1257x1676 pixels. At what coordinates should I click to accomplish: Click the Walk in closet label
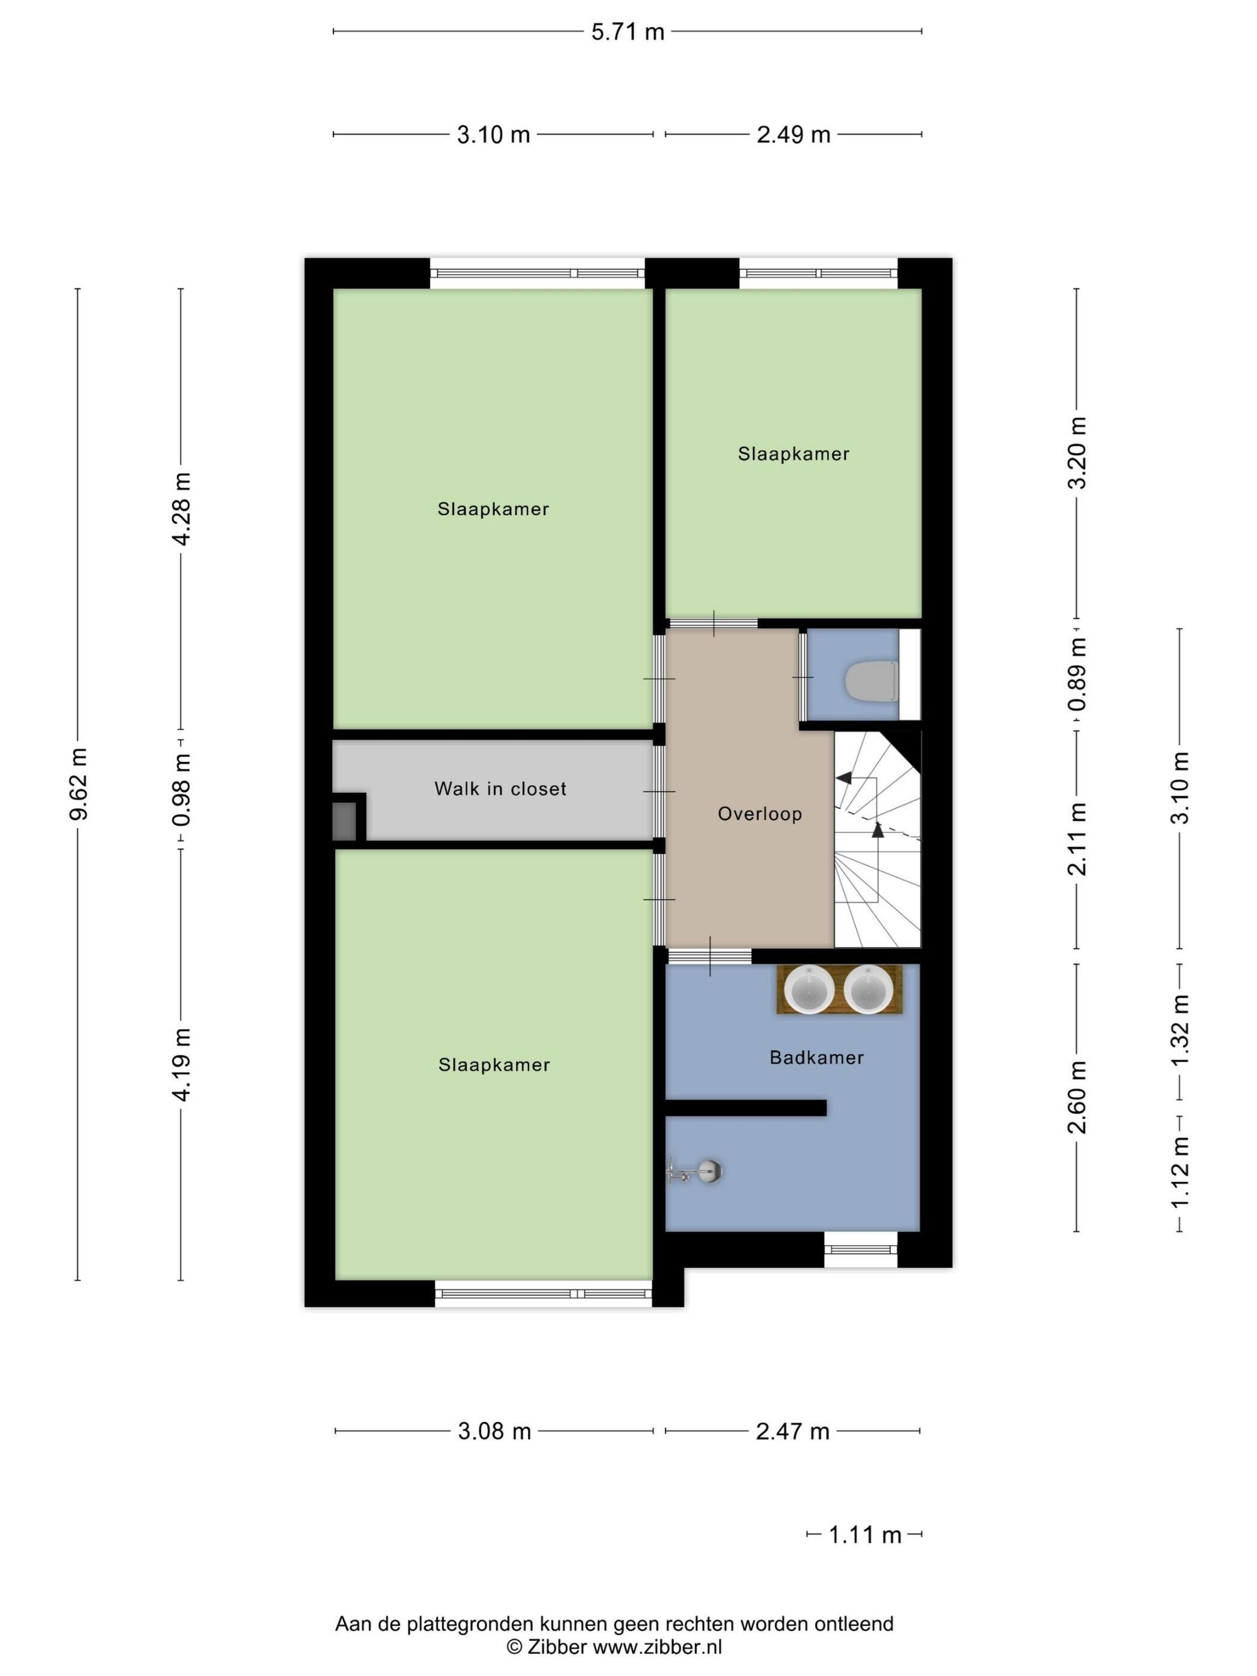coord(500,789)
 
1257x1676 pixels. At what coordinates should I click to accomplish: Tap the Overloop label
coord(760,815)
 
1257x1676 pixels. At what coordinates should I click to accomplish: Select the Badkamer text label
coord(816,1058)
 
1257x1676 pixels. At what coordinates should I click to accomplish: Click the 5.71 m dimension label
coord(627,32)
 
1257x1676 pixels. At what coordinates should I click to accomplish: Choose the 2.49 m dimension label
coord(793,135)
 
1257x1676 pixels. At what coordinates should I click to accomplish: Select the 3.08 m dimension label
coord(494,1432)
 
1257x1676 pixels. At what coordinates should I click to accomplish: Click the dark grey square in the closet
coord(344,821)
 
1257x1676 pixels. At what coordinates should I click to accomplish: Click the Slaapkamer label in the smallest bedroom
coord(793,454)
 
